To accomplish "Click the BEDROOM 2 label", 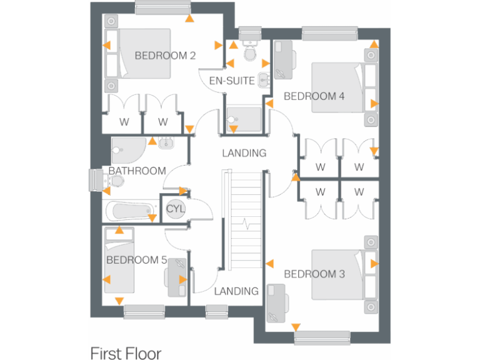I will (x=166, y=56).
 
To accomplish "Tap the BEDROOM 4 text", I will (x=314, y=96).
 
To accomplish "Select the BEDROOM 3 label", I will (x=314, y=274).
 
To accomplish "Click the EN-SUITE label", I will (x=232, y=81).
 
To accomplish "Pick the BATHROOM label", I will (x=137, y=171).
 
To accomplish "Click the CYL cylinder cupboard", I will (x=175, y=209).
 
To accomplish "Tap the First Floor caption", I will (x=126, y=353).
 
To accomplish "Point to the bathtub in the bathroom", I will (x=132, y=211).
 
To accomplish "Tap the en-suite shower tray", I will (x=244, y=119).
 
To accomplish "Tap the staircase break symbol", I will (x=246, y=222).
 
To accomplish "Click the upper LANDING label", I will (x=244, y=153).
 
